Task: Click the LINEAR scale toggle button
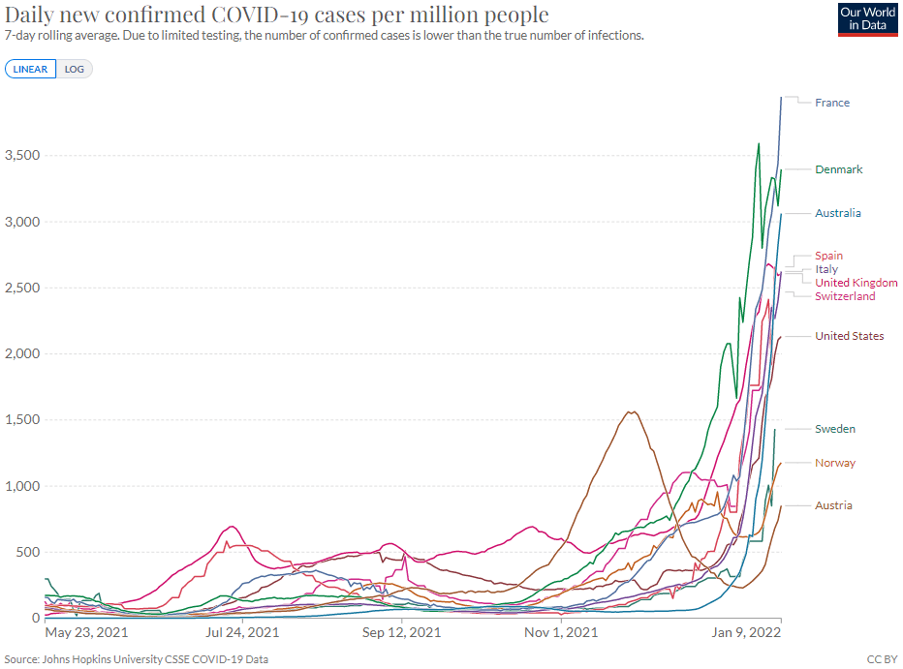click(31, 69)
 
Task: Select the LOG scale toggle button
click(75, 69)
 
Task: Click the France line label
click(831, 103)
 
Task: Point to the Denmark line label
click(838, 169)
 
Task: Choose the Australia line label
click(837, 213)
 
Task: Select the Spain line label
click(828, 256)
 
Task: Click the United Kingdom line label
click(856, 283)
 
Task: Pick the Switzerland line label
click(845, 296)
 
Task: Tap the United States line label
click(849, 336)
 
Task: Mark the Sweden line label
click(834, 429)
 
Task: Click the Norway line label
click(834, 463)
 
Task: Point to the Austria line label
click(833, 505)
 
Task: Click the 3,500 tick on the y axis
click(21, 156)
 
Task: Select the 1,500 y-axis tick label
click(21, 420)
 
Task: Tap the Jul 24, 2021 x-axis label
click(244, 633)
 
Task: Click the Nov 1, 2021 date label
click(561, 633)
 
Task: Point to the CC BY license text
click(882, 658)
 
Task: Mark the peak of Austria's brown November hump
click(632, 411)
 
